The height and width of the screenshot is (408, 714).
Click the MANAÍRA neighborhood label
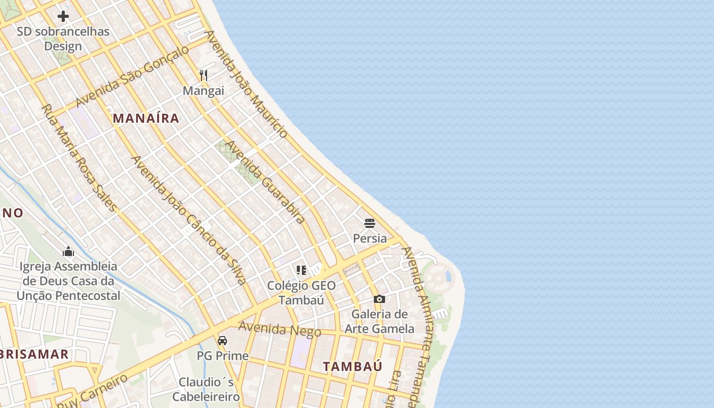tap(146, 118)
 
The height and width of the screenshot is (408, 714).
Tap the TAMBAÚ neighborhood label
tap(352, 366)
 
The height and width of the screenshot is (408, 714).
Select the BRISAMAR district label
tap(35, 354)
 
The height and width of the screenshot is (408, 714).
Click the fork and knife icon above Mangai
tap(203, 75)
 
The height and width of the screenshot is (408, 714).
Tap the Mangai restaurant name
tap(203, 91)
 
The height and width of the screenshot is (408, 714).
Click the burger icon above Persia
tap(370, 223)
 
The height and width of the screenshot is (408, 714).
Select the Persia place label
tap(370, 238)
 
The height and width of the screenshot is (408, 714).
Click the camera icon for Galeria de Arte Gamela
tap(379, 299)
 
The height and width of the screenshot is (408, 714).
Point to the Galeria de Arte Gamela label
tap(379, 321)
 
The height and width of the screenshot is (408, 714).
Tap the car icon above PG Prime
tap(222, 340)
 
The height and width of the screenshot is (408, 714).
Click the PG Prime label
tap(222, 355)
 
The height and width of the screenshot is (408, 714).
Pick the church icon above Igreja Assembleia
tap(68, 251)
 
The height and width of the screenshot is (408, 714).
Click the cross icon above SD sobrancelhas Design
tap(63, 16)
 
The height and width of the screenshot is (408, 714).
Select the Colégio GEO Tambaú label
tap(301, 293)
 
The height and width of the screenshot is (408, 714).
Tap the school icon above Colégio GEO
tap(301, 270)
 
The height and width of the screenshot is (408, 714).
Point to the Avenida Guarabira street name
tap(265, 182)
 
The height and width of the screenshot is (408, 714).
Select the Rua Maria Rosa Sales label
tap(79, 158)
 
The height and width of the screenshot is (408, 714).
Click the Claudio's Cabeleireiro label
tap(206, 389)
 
